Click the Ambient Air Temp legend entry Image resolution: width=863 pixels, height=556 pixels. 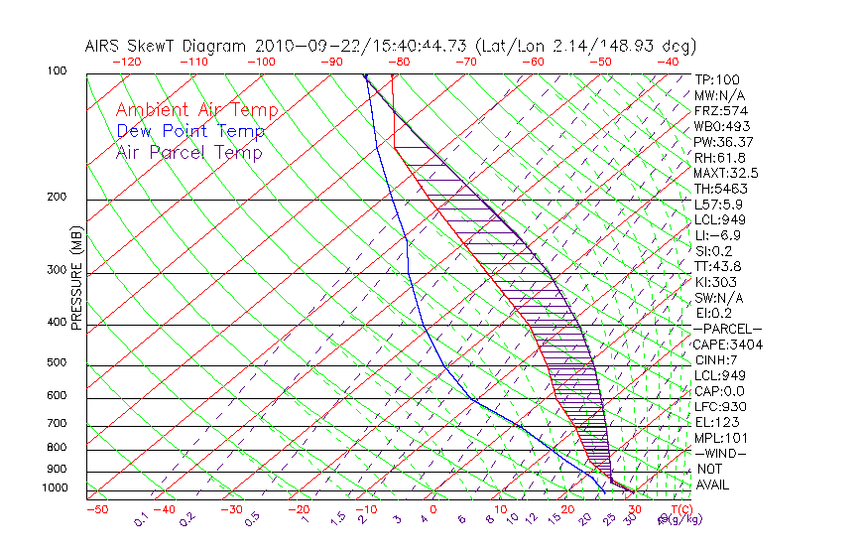(196, 110)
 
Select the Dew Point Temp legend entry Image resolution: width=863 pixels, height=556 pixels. (190, 131)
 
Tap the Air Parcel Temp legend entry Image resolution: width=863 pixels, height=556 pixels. (188, 152)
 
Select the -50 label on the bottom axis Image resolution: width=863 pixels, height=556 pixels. (96, 510)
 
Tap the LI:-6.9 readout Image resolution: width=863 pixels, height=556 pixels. (717, 235)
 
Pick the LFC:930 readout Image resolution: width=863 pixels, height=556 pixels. (719, 407)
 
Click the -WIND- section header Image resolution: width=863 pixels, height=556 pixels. (723, 454)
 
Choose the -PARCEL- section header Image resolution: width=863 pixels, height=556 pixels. (727, 329)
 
